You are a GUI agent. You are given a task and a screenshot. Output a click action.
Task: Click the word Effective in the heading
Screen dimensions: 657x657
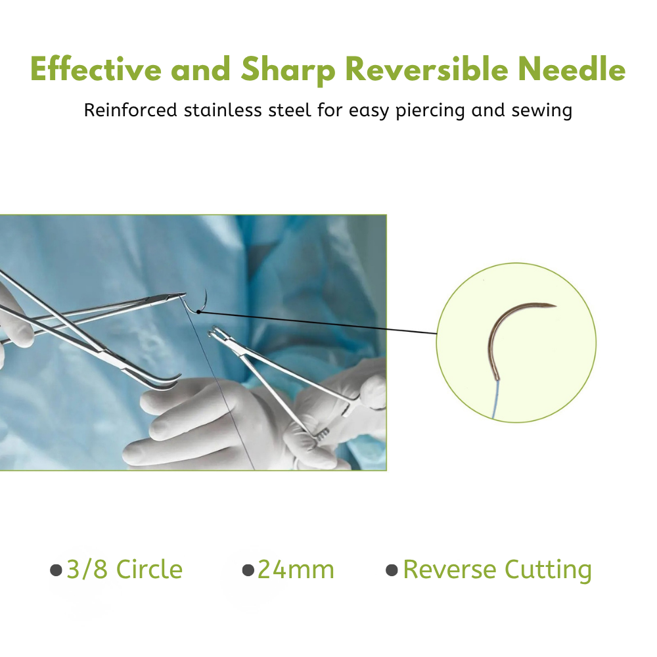(x=95, y=69)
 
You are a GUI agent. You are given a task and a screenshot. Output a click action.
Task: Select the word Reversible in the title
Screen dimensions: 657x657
(x=426, y=69)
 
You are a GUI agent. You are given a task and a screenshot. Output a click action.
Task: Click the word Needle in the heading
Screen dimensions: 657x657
(x=572, y=69)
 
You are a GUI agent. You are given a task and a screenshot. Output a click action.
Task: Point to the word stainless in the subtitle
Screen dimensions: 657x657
(x=223, y=110)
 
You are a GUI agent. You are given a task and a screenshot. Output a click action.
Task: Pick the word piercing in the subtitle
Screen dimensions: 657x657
(x=430, y=111)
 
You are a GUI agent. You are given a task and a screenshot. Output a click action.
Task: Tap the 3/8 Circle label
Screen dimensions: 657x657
(x=124, y=570)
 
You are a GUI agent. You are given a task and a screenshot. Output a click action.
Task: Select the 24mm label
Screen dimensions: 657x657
(x=296, y=570)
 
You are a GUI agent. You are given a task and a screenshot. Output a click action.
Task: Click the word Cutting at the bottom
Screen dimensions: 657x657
(x=548, y=570)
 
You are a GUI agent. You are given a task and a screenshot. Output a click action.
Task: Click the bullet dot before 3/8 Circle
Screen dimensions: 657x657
(x=56, y=570)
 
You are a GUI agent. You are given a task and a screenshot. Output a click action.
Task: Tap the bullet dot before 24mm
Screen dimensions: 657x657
(x=248, y=570)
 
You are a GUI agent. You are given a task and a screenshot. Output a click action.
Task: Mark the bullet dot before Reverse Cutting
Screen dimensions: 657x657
(x=392, y=570)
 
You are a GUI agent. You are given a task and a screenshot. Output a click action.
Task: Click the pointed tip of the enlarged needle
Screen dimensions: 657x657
(x=556, y=306)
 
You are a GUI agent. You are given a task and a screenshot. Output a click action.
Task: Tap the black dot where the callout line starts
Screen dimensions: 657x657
(x=198, y=311)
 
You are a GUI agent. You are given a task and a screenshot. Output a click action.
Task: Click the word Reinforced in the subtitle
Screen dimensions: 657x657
(x=130, y=110)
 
